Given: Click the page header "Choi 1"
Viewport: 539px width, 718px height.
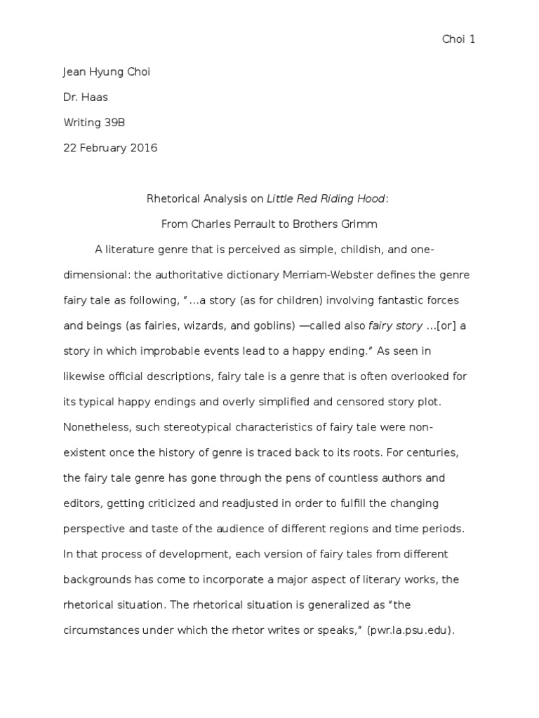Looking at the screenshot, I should pyautogui.click(x=458, y=39).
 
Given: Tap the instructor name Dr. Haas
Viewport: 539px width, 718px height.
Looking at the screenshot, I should pyautogui.click(x=86, y=98).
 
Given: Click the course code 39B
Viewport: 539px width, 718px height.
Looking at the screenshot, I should pyautogui.click(x=115, y=123).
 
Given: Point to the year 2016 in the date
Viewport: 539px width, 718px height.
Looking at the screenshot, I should pyautogui.click(x=145, y=147).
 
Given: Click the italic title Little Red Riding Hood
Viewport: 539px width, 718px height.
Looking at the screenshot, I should pyautogui.click(x=326, y=198).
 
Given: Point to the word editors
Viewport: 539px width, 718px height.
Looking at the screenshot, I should pyautogui.click(x=81, y=503).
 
